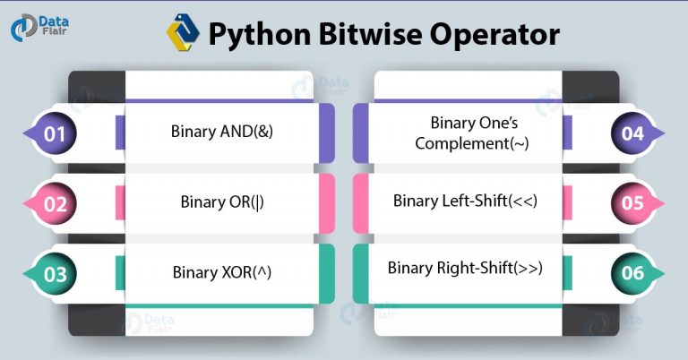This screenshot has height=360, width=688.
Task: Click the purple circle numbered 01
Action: coord(55,133)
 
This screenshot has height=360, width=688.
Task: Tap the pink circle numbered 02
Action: coord(55,204)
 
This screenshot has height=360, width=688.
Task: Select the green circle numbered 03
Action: coord(55,274)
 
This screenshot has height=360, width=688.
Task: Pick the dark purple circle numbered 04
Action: coord(632,133)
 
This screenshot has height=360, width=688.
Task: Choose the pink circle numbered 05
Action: coord(632,203)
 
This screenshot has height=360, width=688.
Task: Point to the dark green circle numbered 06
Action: coord(632,273)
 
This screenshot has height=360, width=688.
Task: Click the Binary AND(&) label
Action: coord(222,131)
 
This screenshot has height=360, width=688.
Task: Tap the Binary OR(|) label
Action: coord(222,201)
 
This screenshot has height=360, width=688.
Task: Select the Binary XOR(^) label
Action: coord(222,272)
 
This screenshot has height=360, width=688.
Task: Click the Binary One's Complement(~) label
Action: coord(472,133)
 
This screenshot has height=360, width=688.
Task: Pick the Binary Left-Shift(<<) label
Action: coord(465,201)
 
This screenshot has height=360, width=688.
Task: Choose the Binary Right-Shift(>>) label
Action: coord(465,268)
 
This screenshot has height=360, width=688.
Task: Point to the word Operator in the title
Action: coord(494,35)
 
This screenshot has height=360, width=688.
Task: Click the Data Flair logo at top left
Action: coord(39,27)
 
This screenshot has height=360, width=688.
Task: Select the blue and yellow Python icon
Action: coord(183,32)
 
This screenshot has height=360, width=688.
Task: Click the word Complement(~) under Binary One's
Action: coord(472,143)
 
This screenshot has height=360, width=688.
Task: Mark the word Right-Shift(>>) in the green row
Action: coord(490,268)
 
